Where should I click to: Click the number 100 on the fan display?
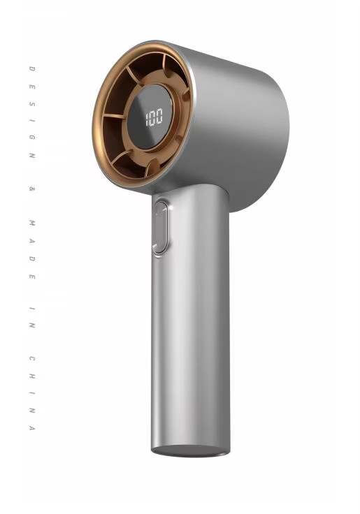(154, 117)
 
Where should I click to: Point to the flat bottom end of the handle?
(190, 450)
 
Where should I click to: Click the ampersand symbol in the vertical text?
(32, 189)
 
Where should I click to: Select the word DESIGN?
(32, 112)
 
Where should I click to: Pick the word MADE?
(32, 249)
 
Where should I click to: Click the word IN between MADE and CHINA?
(32, 317)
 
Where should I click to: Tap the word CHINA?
(32, 393)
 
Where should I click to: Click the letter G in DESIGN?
(32, 138)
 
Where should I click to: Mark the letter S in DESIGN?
(32, 103)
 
